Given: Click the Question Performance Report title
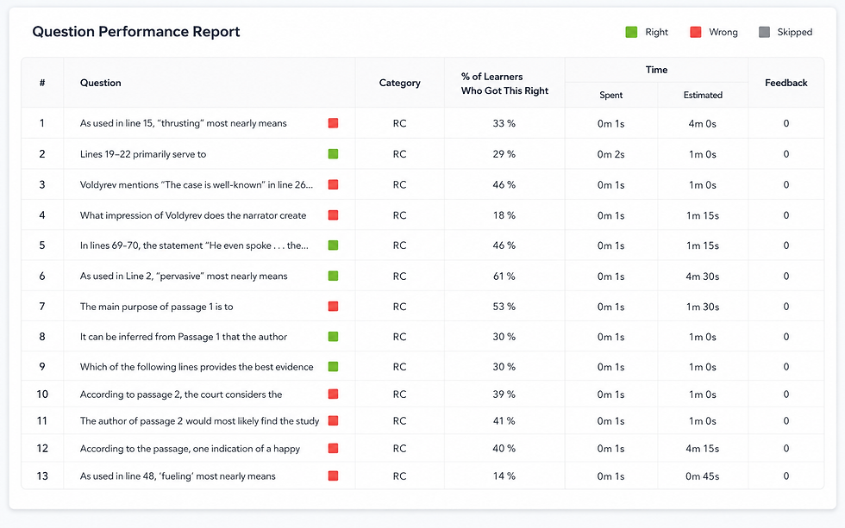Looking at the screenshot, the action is [x=136, y=32].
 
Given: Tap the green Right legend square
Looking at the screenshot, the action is [x=631, y=32].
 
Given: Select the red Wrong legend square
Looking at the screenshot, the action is [x=696, y=32].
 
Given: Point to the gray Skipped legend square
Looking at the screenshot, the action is [x=764, y=32].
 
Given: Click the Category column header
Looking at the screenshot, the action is [x=399, y=83].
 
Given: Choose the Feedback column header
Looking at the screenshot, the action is [x=786, y=83].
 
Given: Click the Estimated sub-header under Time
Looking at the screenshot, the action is [x=703, y=96].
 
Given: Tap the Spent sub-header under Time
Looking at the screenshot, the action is [x=611, y=96].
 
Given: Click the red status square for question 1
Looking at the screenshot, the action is [x=333, y=123].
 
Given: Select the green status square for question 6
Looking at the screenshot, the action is [x=333, y=276].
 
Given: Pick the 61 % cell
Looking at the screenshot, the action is [x=504, y=276].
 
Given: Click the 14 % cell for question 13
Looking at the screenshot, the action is [x=504, y=476].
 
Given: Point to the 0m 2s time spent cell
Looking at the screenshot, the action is [x=610, y=154].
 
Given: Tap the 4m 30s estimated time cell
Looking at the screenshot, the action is [x=702, y=276].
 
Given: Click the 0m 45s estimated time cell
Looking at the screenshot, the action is [x=702, y=476].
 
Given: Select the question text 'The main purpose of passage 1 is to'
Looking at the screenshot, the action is [x=156, y=307].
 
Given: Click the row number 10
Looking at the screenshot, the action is [x=42, y=394].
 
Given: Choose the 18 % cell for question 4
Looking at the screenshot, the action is [x=504, y=216].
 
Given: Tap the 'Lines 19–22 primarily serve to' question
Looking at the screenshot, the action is [x=143, y=154].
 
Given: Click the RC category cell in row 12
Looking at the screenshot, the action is [x=399, y=449].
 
